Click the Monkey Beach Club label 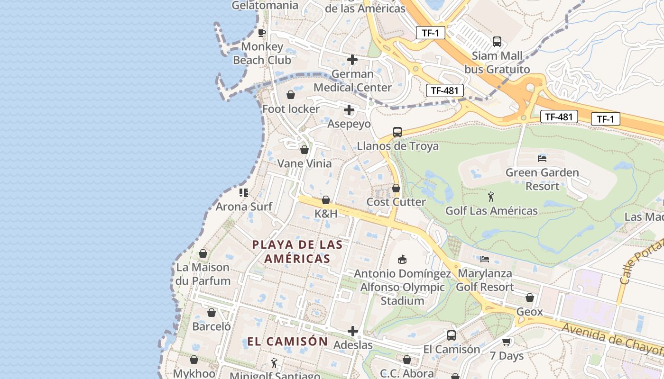262,54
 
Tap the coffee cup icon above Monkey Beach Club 261,33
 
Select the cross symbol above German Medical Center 352,60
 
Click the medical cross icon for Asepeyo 349,110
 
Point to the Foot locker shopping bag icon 291,95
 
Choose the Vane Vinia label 304,163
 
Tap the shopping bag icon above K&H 326,200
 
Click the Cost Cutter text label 396,202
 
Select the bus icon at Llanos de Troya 397,132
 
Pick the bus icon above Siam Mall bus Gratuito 497,42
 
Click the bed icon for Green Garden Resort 542,158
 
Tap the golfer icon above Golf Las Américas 491,196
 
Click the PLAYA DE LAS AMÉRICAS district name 297,252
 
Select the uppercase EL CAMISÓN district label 287,341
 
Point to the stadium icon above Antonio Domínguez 402,259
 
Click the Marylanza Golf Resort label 485,280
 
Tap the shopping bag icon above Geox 530,298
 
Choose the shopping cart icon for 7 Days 507,342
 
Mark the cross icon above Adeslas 353,331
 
